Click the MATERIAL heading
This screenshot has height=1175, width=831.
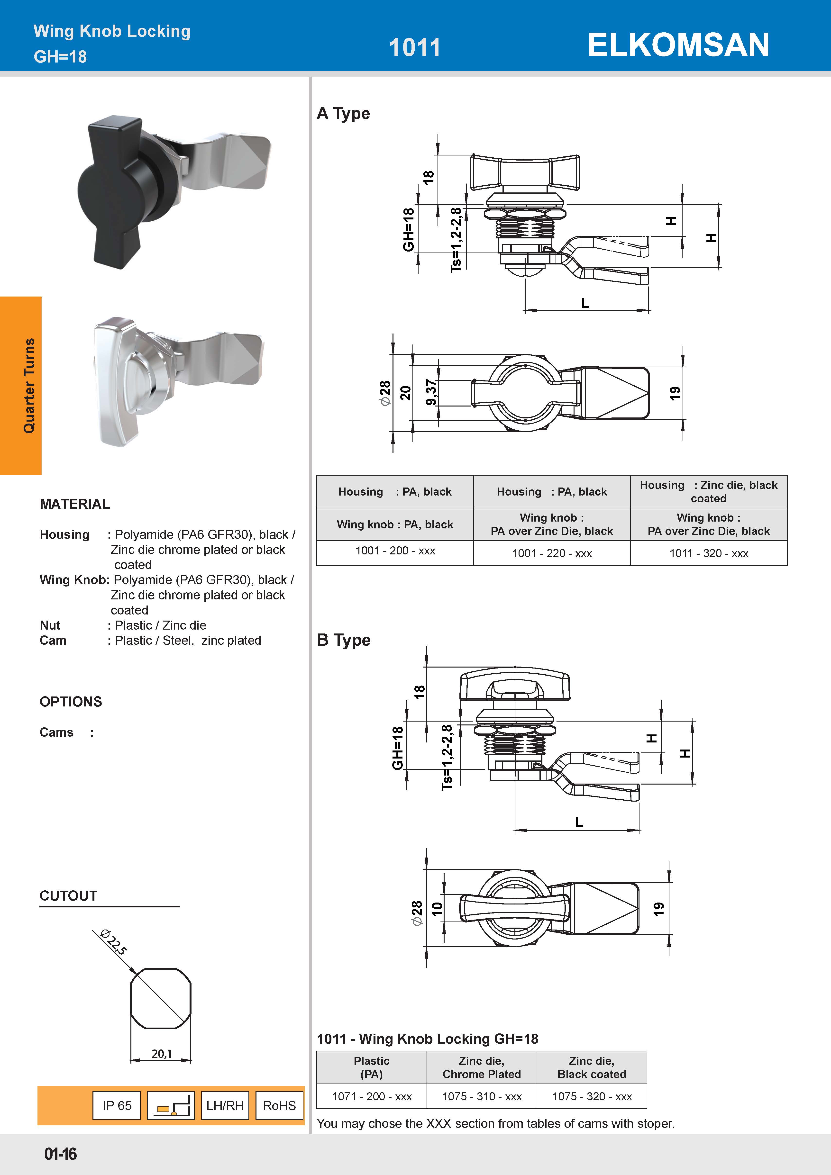(75, 504)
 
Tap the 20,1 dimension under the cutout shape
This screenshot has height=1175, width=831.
(161, 1054)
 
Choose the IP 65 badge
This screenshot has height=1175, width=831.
(117, 1105)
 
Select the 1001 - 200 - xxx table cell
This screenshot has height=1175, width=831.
(395, 551)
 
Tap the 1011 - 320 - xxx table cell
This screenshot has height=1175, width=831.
(709, 553)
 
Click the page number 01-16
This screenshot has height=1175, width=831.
(60, 1154)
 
